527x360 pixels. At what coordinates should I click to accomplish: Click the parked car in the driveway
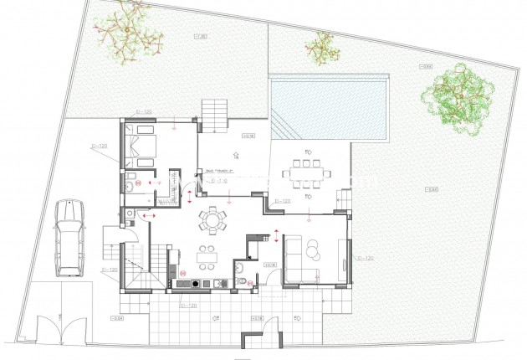click(x=69, y=238)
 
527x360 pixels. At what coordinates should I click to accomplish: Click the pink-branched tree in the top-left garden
click(x=126, y=29)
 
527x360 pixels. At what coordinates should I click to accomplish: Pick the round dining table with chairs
click(x=212, y=222)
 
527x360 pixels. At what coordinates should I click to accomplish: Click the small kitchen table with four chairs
click(x=205, y=257)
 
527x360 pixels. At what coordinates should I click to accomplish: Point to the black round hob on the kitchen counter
click(x=196, y=284)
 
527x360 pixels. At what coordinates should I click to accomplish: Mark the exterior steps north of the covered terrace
click(x=214, y=112)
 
